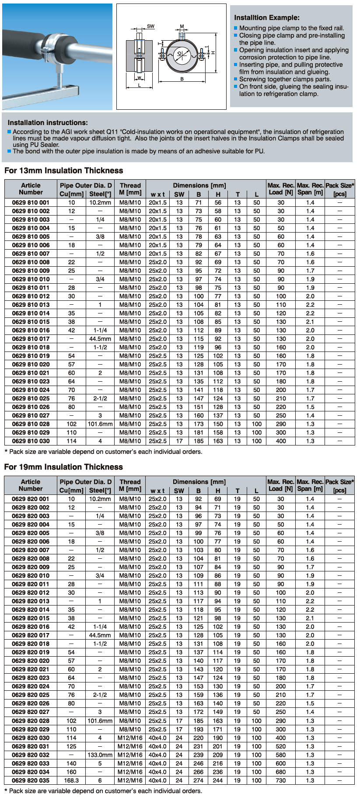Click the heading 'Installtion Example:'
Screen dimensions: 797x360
click(x=267, y=17)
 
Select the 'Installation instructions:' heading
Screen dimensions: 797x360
click(x=48, y=122)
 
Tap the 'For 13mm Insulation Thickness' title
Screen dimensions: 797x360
click(x=63, y=171)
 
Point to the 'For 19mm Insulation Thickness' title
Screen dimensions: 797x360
click(x=63, y=467)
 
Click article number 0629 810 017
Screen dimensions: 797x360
click(x=31, y=339)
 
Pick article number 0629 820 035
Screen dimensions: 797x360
click(x=31, y=780)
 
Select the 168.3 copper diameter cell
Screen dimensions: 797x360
click(x=71, y=780)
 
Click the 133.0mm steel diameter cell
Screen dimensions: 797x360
click(x=100, y=755)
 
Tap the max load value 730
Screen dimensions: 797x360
click(x=281, y=780)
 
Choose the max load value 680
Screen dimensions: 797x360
click(x=281, y=772)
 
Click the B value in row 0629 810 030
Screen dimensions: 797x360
click(x=199, y=441)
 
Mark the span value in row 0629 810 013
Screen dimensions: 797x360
click(x=310, y=305)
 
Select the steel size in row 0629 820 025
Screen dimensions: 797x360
click(x=100, y=695)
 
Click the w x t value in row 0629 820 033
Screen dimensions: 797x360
click(x=157, y=763)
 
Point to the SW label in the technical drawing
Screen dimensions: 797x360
click(x=150, y=26)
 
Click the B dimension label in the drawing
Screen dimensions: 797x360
click(x=182, y=79)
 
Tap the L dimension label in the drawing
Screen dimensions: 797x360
click(x=140, y=85)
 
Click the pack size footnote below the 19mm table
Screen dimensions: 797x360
click(x=103, y=791)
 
